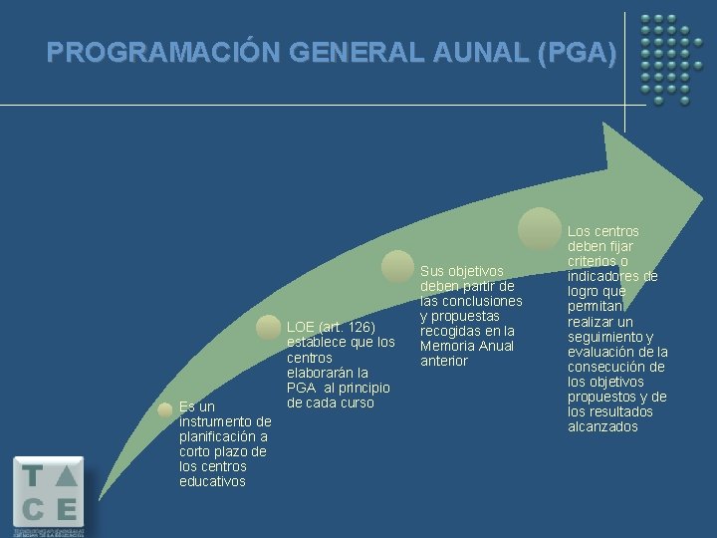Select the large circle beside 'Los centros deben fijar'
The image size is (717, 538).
(540, 228)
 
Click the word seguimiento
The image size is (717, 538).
(603, 337)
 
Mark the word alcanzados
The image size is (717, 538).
(603, 426)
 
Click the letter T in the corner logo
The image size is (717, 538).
(33, 476)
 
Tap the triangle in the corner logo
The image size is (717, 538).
(66, 476)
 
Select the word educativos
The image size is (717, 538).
(212, 481)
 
